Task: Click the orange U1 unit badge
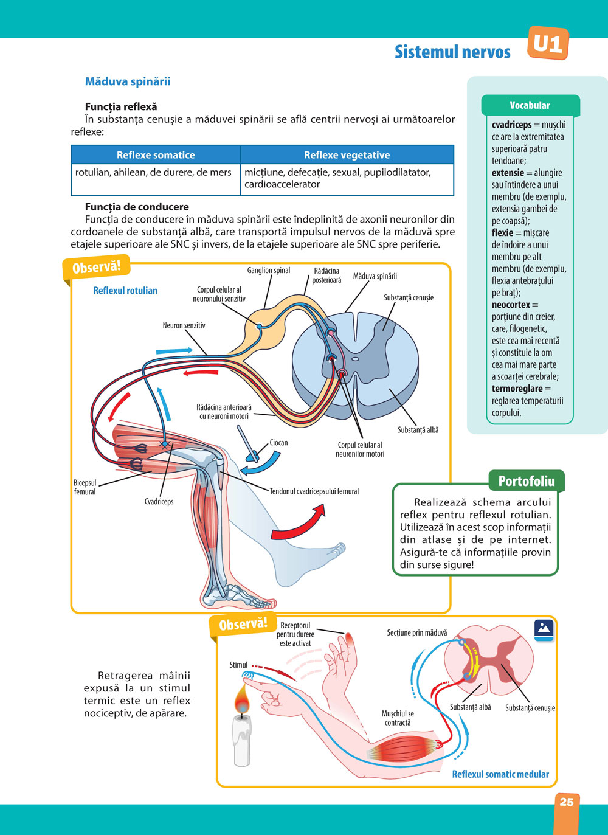548,44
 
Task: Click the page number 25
566,802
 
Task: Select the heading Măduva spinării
128,81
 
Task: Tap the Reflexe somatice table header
156,155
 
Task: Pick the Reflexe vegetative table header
347,155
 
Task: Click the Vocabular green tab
530,105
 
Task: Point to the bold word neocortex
511,305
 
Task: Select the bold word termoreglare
517,389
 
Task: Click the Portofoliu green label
527,482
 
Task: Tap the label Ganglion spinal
269,271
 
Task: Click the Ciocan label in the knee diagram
278,443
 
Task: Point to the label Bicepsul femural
85,487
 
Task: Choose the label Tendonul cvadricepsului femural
314,491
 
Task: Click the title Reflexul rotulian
125,291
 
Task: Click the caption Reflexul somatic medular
500,774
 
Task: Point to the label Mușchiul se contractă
398,718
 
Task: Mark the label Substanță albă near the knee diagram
418,430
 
